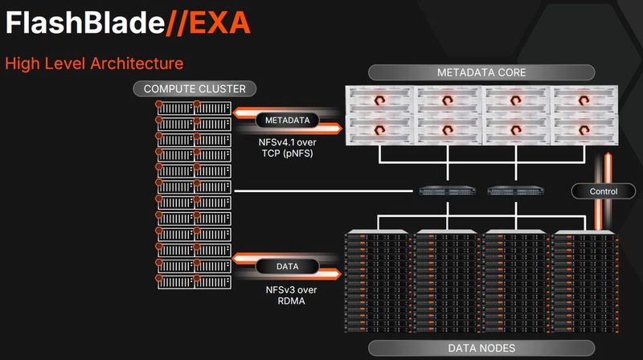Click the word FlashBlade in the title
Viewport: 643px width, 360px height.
click(x=80, y=23)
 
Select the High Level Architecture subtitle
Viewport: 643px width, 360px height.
click(x=94, y=63)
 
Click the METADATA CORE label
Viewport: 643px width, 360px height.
click(x=481, y=72)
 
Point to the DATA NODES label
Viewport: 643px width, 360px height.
click(x=481, y=347)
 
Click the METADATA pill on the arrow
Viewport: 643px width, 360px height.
click(x=287, y=121)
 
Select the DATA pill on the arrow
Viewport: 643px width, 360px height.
click(x=287, y=266)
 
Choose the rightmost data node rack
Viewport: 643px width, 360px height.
click(x=586, y=282)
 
